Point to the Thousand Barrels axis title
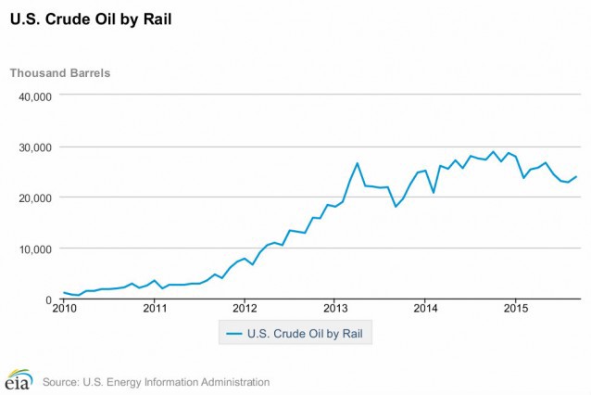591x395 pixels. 60,72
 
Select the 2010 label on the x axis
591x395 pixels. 64,309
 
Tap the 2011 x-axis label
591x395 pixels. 154,309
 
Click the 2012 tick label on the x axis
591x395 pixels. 245,309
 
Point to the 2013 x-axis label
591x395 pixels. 334,309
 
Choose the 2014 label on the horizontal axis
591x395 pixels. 425,309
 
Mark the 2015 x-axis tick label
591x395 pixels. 515,309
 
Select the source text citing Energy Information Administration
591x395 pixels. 156,381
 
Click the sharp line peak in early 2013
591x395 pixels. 358,163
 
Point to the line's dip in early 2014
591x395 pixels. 434,192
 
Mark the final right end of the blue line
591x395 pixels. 576,176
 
